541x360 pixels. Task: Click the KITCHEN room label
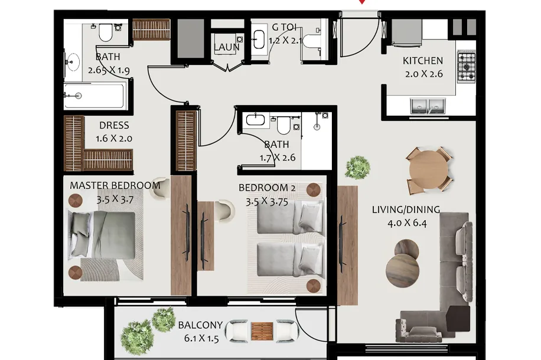pos(423,61)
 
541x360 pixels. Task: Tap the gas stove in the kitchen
pos(467,67)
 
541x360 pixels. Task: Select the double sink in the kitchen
pos(428,106)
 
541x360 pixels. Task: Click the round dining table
pos(428,169)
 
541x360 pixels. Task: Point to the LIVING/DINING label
pos(406,210)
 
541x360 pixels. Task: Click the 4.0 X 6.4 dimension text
pos(407,223)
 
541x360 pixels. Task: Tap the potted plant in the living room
pos(357,167)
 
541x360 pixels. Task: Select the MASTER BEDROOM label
pos(115,185)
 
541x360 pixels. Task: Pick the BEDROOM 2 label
pos(267,188)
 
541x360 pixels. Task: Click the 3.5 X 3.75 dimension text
pos(267,202)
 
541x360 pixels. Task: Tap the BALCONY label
pos(200,325)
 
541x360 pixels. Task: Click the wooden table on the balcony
pos(262,332)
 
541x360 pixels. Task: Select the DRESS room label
pos(114,125)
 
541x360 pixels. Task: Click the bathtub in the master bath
pos(94,96)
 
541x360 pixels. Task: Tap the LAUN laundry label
pos(227,47)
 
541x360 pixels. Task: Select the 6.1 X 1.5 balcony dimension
pos(201,339)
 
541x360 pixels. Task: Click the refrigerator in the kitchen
pos(407,32)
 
